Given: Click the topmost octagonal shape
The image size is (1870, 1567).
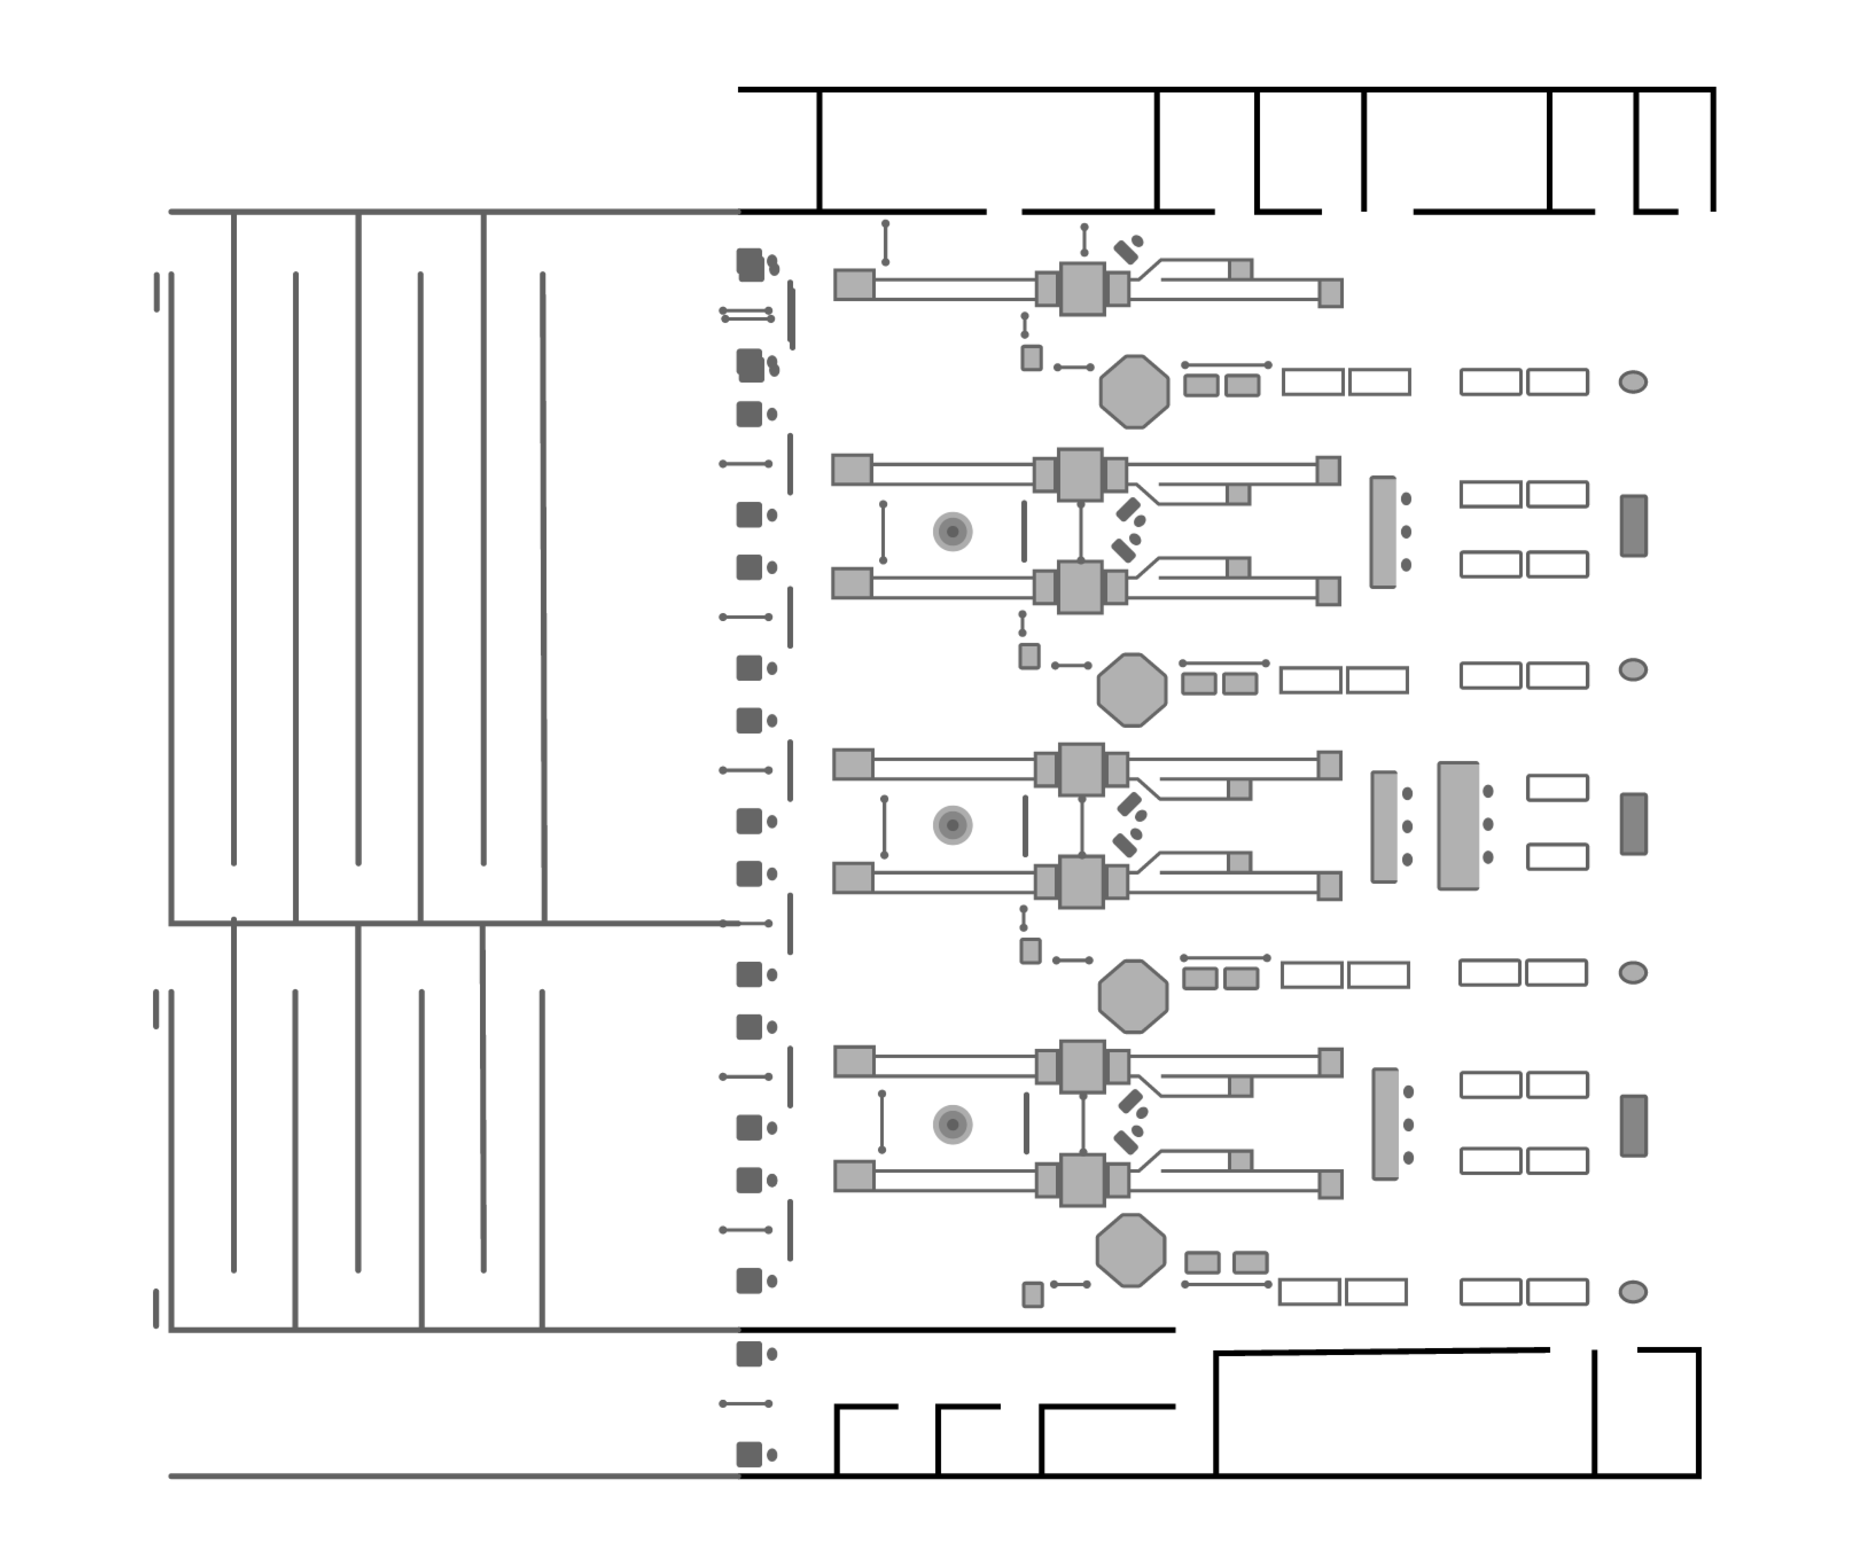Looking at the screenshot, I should point(1134,392).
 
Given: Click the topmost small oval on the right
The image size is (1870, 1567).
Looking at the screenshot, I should point(1632,382).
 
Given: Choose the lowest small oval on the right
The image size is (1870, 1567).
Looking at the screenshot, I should point(1632,1292).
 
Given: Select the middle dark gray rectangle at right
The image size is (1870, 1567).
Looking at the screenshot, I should point(1633,824).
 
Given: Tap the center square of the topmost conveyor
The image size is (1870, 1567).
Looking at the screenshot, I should point(1082,289).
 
